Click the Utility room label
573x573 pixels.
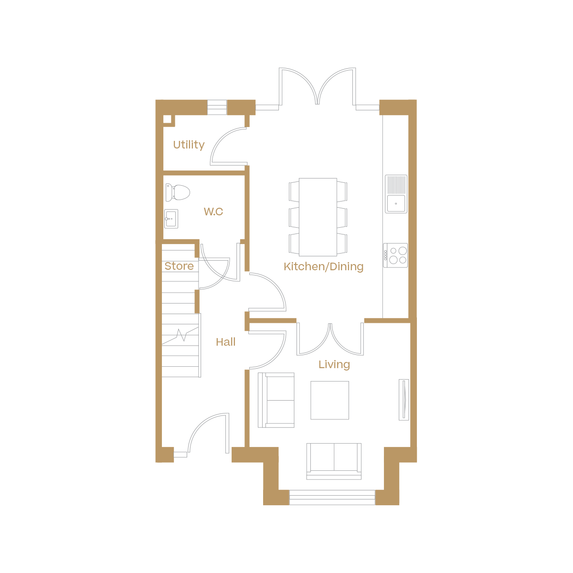pyautogui.click(x=189, y=145)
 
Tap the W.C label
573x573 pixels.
pyautogui.click(x=213, y=212)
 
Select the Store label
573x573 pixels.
pyautogui.click(x=179, y=266)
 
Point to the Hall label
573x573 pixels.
pyautogui.click(x=225, y=342)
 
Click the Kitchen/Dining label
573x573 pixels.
pyautogui.click(x=323, y=266)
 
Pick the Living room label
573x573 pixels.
pyautogui.click(x=334, y=364)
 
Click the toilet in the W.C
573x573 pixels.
pyautogui.click(x=178, y=192)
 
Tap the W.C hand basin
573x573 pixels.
pyautogui.click(x=171, y=219)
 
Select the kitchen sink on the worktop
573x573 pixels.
pyautogui.click(x=396, y=194)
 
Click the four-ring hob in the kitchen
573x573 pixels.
pyautogui.click(x=396, y=255)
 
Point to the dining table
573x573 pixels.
pyautogui.click(x=318, y=216)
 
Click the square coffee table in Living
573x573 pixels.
pyautogui.click(x=329, y=400)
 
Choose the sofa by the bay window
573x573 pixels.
pyautogui.click(x=334, y=460)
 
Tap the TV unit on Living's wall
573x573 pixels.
pyautogui.click(x=404, y=400)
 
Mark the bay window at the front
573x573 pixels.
pyautogui.click(x=332, y=498)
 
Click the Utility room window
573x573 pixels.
pyautogui.click(x=217, y=107)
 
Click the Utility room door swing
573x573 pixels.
pyautogui.click(x=228, y=146)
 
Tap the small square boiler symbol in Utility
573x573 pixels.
pyautogui.click(x=167, y=119)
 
